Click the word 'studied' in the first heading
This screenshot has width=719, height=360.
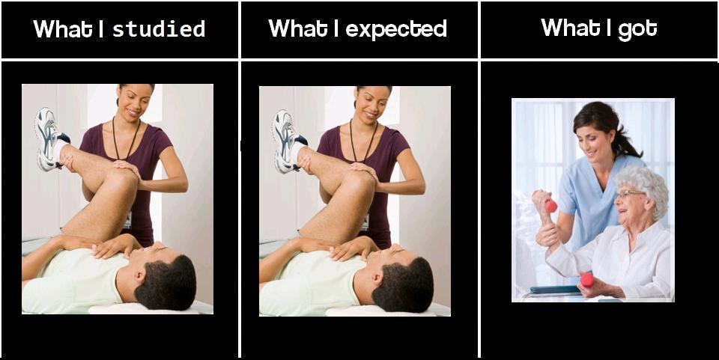[x=159, y=29]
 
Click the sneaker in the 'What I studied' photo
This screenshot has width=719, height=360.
[x=49, y=138]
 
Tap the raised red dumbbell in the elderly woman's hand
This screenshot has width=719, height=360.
[x=550, y=206]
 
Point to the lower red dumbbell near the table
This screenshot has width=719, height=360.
[x=587, y=279]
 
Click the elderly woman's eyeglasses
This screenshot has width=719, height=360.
[x=629, y=194]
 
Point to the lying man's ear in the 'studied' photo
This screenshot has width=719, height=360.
[x=139, y=276]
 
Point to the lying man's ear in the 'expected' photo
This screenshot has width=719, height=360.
[x=376, y=278]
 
